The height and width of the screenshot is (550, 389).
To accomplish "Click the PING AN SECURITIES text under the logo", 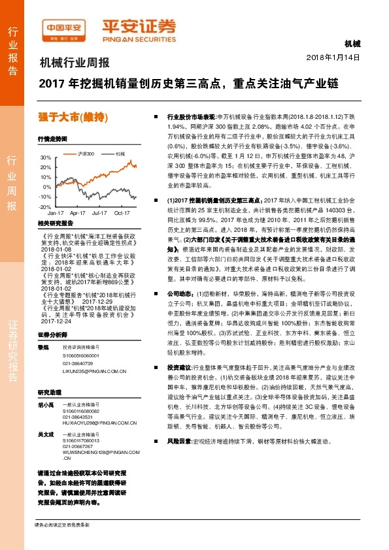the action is point(139,38).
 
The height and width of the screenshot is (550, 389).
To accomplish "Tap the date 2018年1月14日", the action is point(333,58).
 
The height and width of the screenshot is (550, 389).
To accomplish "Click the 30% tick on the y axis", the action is point(44,158).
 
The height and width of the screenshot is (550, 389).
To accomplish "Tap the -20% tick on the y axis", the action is point(44,206).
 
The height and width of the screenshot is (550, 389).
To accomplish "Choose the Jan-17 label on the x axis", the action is point(56,213).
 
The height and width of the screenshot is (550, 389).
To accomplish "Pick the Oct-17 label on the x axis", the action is point(123,213).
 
